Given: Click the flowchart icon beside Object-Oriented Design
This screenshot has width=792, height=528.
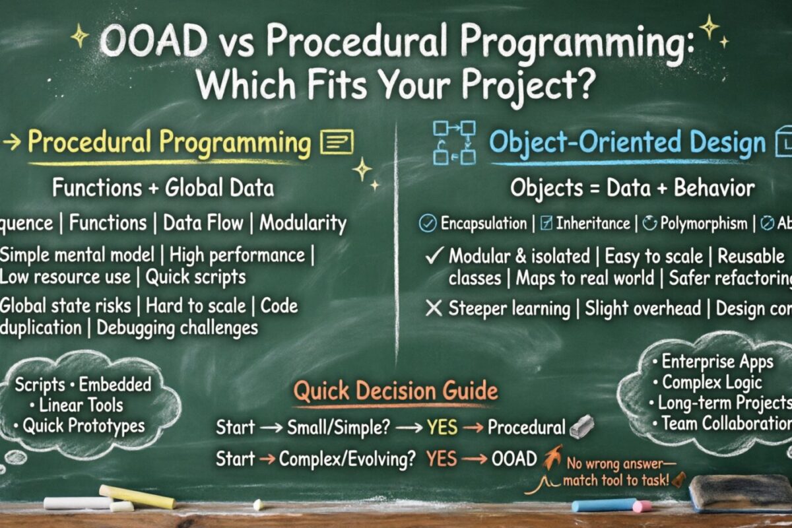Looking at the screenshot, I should (x=454, y=142).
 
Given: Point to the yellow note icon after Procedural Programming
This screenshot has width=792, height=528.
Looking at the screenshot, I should (x=336, y=142).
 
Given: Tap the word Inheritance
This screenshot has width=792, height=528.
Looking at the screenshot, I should (x=593, y=224).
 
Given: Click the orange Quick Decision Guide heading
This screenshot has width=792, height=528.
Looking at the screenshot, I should (x=395, y=391).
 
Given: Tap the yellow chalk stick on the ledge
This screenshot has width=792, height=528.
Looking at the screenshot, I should (x=137, y=496).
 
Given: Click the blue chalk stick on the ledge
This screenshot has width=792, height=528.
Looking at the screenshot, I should (x=604, y=505).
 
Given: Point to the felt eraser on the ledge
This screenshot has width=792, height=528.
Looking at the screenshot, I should (x=740, y=494).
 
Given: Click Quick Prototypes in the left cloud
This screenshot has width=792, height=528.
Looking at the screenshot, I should (x=84, y=426).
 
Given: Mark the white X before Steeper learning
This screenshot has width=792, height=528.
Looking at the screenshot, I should (x=434, y=308).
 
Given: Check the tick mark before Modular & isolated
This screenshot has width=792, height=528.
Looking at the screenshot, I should (x=434, y=256).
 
